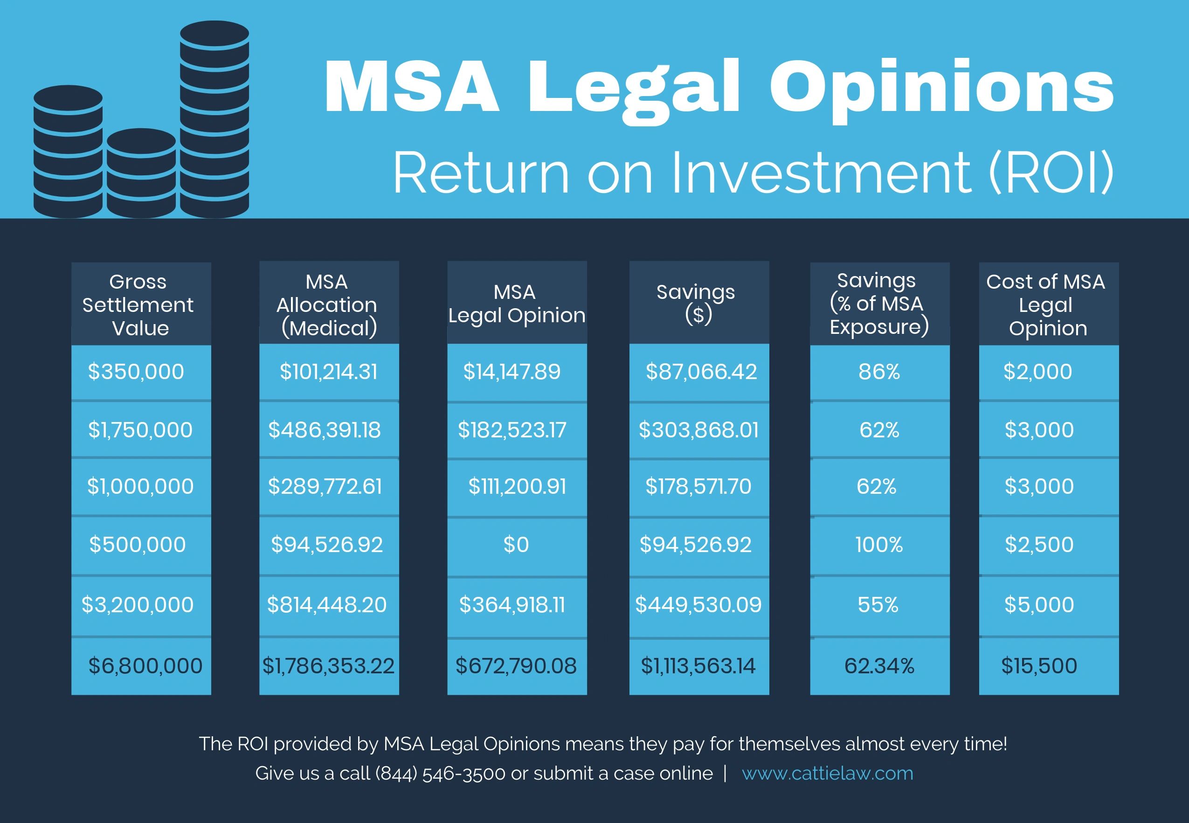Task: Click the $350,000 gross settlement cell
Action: click(136, 372)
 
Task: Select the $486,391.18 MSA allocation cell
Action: click(325, 430)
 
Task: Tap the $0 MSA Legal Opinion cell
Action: click(516, 545)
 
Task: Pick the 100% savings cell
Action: click(879, 545)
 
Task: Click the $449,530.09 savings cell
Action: click(698, 604)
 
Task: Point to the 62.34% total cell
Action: click(879, 666)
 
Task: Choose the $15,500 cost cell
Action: click(1039, 666)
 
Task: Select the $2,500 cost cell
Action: click(1039, 545)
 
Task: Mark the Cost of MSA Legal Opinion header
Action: click(1047, 304)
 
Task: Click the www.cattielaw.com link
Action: click(827, 773)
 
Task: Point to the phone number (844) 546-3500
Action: click(440, 773)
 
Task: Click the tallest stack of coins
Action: click(214, 118)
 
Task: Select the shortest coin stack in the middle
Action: click(141, 173)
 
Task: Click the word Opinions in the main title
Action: click(941, 88)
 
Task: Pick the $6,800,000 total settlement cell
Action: click(145, 666)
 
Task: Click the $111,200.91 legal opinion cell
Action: click(517, 486)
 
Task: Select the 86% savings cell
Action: click(879, 372)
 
